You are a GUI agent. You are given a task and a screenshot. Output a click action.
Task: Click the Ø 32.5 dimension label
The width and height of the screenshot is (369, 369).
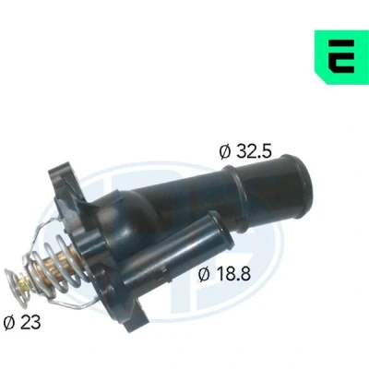[245, 151]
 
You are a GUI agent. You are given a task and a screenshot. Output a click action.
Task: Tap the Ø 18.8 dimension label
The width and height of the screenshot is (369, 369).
[224, 274]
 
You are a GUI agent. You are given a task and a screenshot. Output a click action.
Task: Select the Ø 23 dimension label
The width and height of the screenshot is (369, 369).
[22, 323]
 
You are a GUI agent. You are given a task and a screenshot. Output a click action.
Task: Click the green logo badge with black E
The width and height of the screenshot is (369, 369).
[341, 57]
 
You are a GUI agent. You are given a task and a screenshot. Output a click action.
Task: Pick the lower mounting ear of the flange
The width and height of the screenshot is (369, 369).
[136, 316]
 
